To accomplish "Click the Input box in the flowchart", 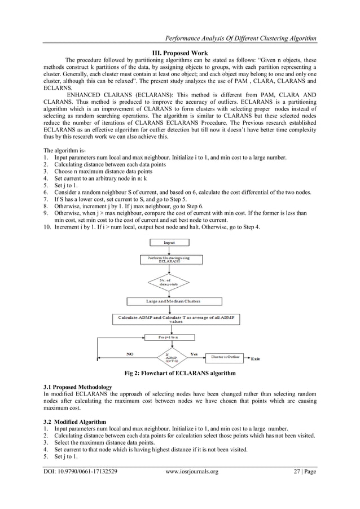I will [x=169, y=243].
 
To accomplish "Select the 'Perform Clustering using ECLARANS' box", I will [x=169, y=260].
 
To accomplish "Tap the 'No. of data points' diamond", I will [x=169, y=282].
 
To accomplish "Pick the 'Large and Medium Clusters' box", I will [x=169, y=301].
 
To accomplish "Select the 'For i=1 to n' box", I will [x=169, y=337].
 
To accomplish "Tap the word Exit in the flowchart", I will [x=256, y=359].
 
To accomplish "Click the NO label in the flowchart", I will [x=129, y=354].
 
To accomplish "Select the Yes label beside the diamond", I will [x=194, y=353].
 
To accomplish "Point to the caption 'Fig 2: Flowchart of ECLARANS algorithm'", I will [x=180, y=374].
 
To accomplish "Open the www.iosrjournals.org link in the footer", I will [x=191, y=471].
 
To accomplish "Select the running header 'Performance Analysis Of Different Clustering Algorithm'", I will [x=240, y=38].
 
